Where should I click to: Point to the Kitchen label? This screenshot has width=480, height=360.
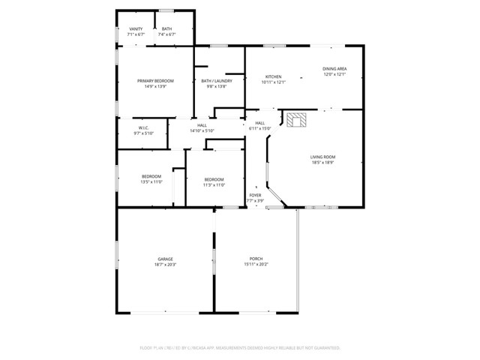point(274,76)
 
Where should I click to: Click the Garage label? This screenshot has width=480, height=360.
point(165,259)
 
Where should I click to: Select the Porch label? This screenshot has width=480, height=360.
point(256,259)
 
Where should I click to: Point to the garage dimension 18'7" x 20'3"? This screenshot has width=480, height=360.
point(165,264)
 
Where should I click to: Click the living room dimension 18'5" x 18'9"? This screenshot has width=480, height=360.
point(322,161)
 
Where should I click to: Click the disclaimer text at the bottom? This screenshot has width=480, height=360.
point(240,347)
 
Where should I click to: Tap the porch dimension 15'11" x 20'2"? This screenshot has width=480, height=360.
point(256,264)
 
